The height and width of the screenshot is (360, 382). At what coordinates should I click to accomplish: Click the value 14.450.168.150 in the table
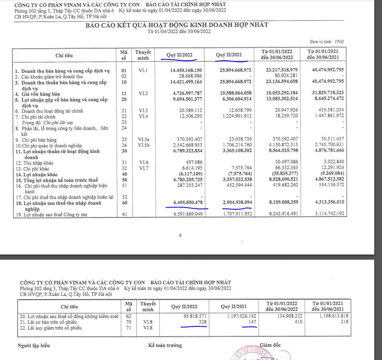pos(183,70)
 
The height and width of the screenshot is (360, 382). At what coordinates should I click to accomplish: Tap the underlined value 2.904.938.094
pos(235,202)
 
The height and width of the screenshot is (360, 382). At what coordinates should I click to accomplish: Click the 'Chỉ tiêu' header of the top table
pos(65,56)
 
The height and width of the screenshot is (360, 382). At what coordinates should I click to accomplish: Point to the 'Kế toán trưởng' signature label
pos(165,345)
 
